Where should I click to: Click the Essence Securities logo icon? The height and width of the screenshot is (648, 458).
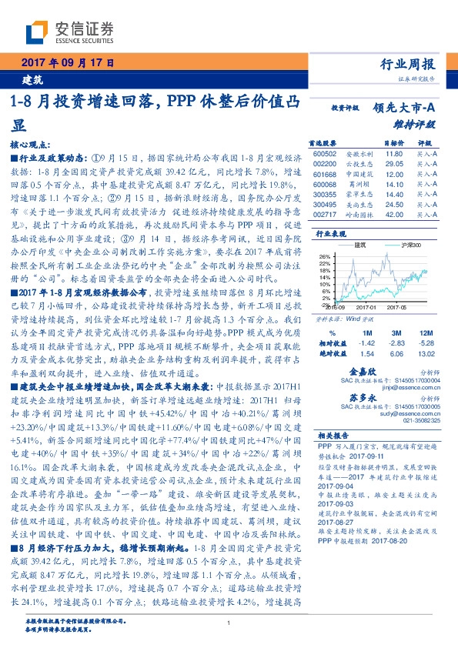pyautogui.click(x=38, y=32)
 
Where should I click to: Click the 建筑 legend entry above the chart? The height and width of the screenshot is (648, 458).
pyautogui.click(x=359, y=245)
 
